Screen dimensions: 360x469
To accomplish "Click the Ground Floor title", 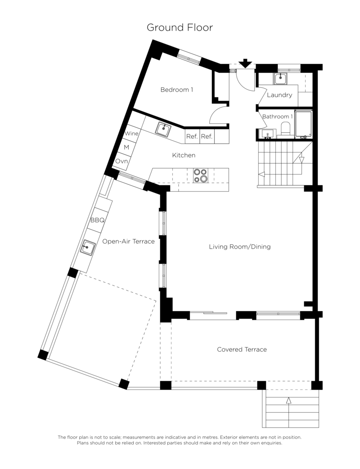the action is [180, 27].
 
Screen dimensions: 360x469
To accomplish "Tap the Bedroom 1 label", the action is [176, 89].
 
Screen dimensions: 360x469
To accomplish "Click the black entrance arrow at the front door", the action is [245, 63].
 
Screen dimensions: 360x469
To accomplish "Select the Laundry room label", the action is [279, 95].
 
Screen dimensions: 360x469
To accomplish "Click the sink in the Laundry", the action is [280, 79].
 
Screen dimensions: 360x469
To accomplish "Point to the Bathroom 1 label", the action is [277, 116].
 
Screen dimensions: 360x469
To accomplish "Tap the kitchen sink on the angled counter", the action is [163, 129].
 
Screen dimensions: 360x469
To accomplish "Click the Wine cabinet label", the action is [131, 134].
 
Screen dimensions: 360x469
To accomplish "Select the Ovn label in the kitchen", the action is [121, 161].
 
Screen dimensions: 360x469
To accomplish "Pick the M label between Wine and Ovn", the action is [126, 147].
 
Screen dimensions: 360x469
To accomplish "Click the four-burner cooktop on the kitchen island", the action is [201, 175].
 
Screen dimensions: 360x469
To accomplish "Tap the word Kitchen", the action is [184, 155].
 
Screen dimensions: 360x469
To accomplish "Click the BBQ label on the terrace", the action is [98, 220].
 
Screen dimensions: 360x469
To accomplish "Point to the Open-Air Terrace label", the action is [128, 241].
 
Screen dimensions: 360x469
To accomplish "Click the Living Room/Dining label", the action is [240, 247].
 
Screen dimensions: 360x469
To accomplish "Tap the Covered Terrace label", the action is [242, 349].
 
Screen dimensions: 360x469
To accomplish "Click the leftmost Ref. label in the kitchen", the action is [192, 137].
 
